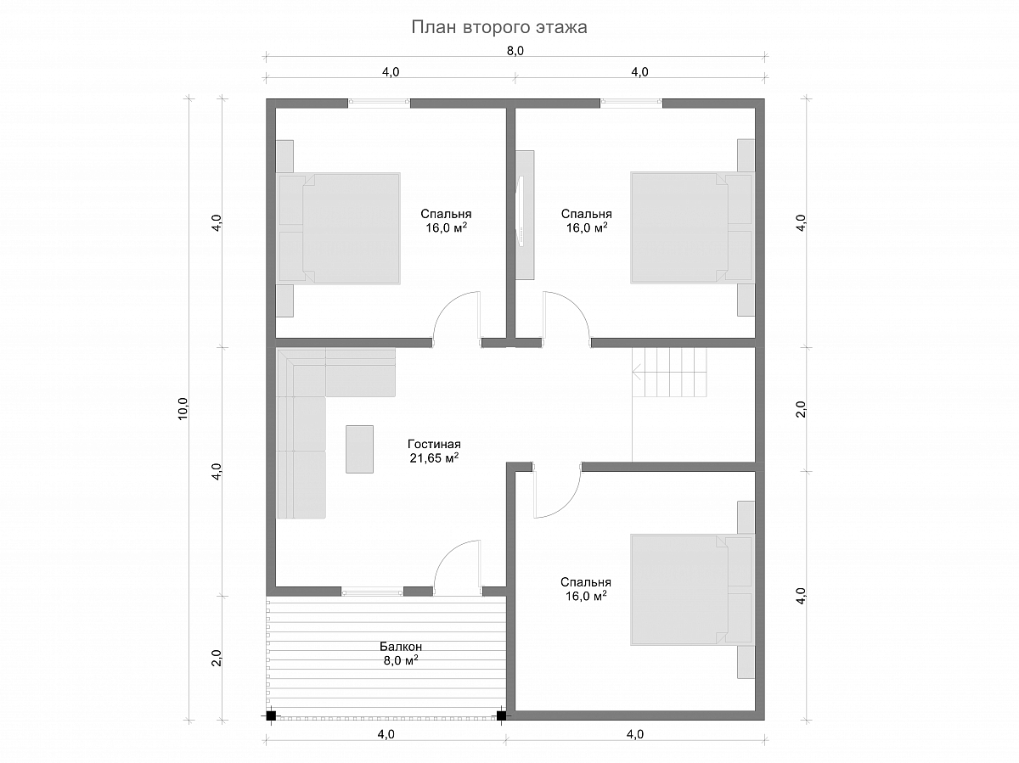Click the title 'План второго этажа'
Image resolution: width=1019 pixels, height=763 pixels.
pyautogui.click(x=499, y=27)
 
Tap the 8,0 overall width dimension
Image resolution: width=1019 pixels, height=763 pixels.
pyautogui.click(x=515, y=51)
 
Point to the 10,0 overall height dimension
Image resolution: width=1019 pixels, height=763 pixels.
pyautogui.click(x=183, y=409)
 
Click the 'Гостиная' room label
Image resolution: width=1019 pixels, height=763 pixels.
pyautogui.click(x=434, y=444)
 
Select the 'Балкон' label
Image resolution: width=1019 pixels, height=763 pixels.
pyautogui.click(x=401, y=646)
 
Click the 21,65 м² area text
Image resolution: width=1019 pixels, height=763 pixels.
pyautogui.click(x=434, y=458)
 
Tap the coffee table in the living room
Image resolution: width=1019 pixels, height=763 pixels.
pyautogui.click(x=359, y=449)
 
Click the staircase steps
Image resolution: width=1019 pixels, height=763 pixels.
pyautogui.click(x=669, y=373)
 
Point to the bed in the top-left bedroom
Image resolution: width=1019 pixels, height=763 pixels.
pyautogui.click(x=339, y=228)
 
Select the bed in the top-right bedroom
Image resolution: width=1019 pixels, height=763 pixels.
pyautogui.click(x=691, y=227)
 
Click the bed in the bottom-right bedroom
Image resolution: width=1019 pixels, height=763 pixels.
pyautogui.click(x=691, y=590)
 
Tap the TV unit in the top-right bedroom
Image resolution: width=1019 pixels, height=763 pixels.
pyautogui.click(x=525, y=215)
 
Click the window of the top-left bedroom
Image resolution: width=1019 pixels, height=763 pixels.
pyautogui.click(x=380, y=103)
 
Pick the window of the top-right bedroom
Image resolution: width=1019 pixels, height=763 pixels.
pyautogui.click(x=632, y=103)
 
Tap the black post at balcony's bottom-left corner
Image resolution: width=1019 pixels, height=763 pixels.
pyautogui.click(x=271, y=715)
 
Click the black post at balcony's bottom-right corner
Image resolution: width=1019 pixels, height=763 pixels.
pyautogui.click(x=501, y=715)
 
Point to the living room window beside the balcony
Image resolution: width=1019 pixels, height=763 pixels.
pyautogui.click(x=372, y=592)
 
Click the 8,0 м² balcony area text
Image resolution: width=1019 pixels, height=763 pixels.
pyautogui.click(x=401, y=660)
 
